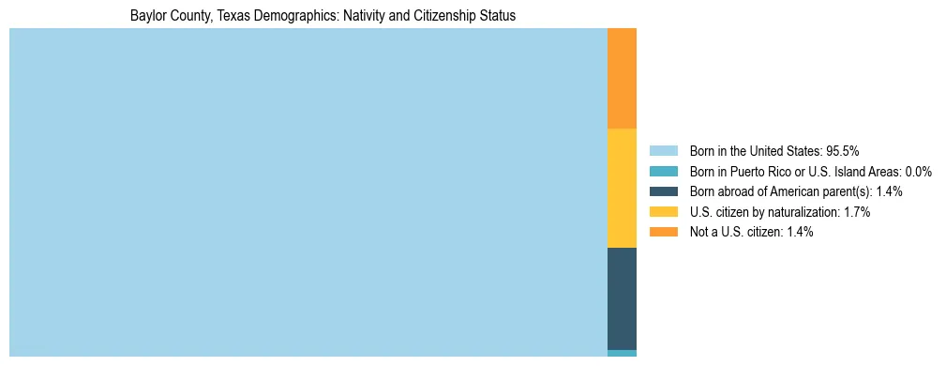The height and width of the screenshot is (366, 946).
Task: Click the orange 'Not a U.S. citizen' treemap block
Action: tap(622, 78)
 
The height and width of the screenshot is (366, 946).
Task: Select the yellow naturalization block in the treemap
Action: tap(622, 188)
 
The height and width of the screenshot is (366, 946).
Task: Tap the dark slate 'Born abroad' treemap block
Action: tap(622, 298)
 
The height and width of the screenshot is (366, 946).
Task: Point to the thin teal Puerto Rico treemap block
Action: tap(622, 353)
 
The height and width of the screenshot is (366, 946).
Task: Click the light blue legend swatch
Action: tap(663, 151)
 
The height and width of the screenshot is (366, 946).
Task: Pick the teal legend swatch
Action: tap(663, 172)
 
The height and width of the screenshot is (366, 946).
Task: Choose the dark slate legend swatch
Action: tap(663, 191)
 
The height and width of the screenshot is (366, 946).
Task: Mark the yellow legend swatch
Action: tap(663, 212)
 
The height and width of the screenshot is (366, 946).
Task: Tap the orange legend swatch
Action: tap(663, 232)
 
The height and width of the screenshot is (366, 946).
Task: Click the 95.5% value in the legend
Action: tap(843, 151)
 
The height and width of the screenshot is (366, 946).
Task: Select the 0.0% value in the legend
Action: tap(918, 172)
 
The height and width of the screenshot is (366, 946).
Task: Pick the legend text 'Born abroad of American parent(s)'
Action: tap(780, 191)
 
